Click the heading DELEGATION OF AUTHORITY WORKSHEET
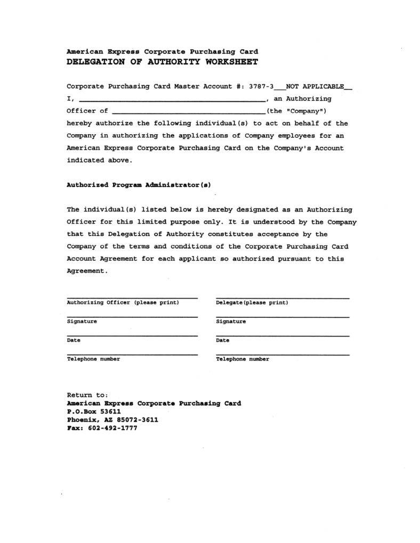click(162, 62)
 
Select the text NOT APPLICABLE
click(315, 86)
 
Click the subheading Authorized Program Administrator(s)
click(139, 185)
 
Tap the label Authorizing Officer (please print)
click(123, 302)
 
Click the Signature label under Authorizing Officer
click(82, 322)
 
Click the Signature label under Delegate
click(231, 322)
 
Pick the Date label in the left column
click(74, 340)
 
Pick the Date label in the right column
click(223, 340)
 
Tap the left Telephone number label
click(93, 359)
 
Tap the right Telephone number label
click(243, 359)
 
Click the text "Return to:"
click(87, 395)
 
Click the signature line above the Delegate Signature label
click(282, 317)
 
